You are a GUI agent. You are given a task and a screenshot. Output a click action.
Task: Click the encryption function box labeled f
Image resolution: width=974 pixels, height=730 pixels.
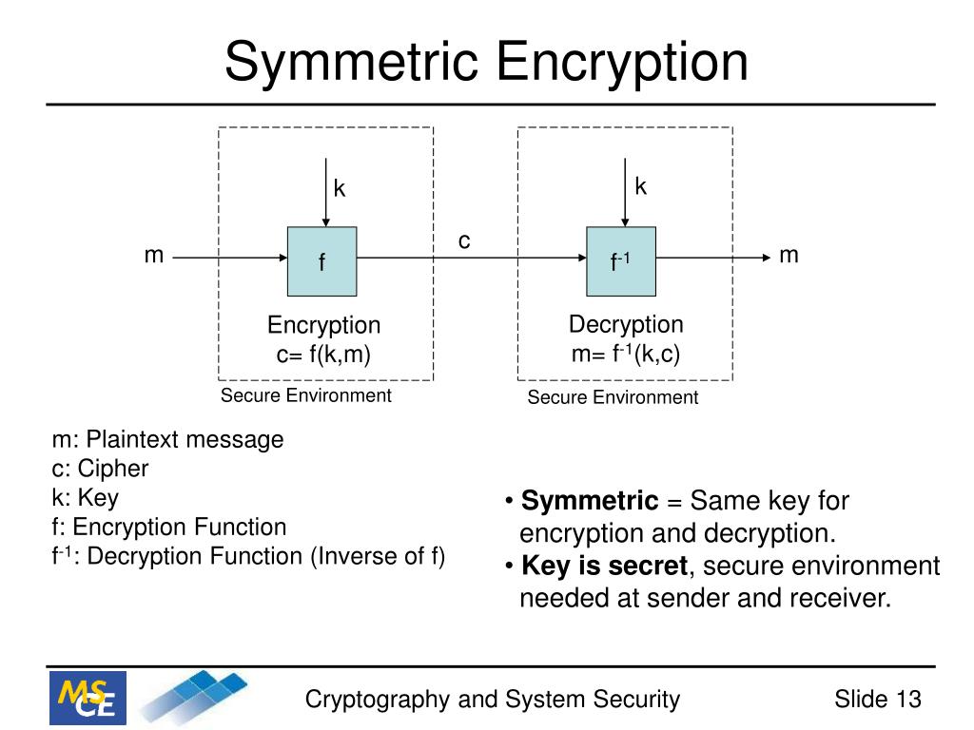(322, 260)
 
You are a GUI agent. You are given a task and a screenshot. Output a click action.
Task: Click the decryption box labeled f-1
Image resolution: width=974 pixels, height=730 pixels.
(621, 260)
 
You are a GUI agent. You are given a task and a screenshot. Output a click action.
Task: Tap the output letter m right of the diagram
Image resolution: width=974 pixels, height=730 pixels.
(789, 255)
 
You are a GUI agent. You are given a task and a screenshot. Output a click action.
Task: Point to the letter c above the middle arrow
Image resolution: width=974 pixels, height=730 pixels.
(464, 240)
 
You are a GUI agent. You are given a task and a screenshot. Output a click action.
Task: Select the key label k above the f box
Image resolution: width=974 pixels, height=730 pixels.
(339, 188)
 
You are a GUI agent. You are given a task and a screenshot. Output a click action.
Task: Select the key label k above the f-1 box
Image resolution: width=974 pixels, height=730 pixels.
(641, 186)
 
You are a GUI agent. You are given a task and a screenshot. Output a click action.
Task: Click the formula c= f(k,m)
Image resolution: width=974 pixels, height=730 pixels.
(323, 355)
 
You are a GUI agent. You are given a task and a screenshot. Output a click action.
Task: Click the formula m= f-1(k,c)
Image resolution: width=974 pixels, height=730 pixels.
(626, 354)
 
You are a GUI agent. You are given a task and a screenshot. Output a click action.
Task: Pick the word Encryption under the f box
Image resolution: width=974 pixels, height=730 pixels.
(323, 326)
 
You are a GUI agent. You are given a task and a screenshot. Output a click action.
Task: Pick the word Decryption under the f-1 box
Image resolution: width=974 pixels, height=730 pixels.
(626, 324)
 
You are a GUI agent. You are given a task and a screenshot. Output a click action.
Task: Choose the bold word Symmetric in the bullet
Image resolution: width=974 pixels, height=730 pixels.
(590, 501)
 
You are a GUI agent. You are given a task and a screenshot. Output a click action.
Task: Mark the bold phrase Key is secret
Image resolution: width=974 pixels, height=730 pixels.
(605, 567)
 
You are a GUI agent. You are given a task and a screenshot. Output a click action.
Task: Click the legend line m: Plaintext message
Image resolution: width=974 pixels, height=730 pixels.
(167, 440)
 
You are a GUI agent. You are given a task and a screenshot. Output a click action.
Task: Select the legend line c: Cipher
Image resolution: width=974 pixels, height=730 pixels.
(100, 469)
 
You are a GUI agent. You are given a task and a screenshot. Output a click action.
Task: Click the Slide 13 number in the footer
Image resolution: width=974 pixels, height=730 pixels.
(877, 701)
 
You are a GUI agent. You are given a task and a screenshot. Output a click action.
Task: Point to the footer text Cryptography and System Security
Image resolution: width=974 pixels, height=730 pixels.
(492, 701)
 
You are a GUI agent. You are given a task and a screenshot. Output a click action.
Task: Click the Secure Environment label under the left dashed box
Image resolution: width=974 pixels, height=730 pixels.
(305, 395)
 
